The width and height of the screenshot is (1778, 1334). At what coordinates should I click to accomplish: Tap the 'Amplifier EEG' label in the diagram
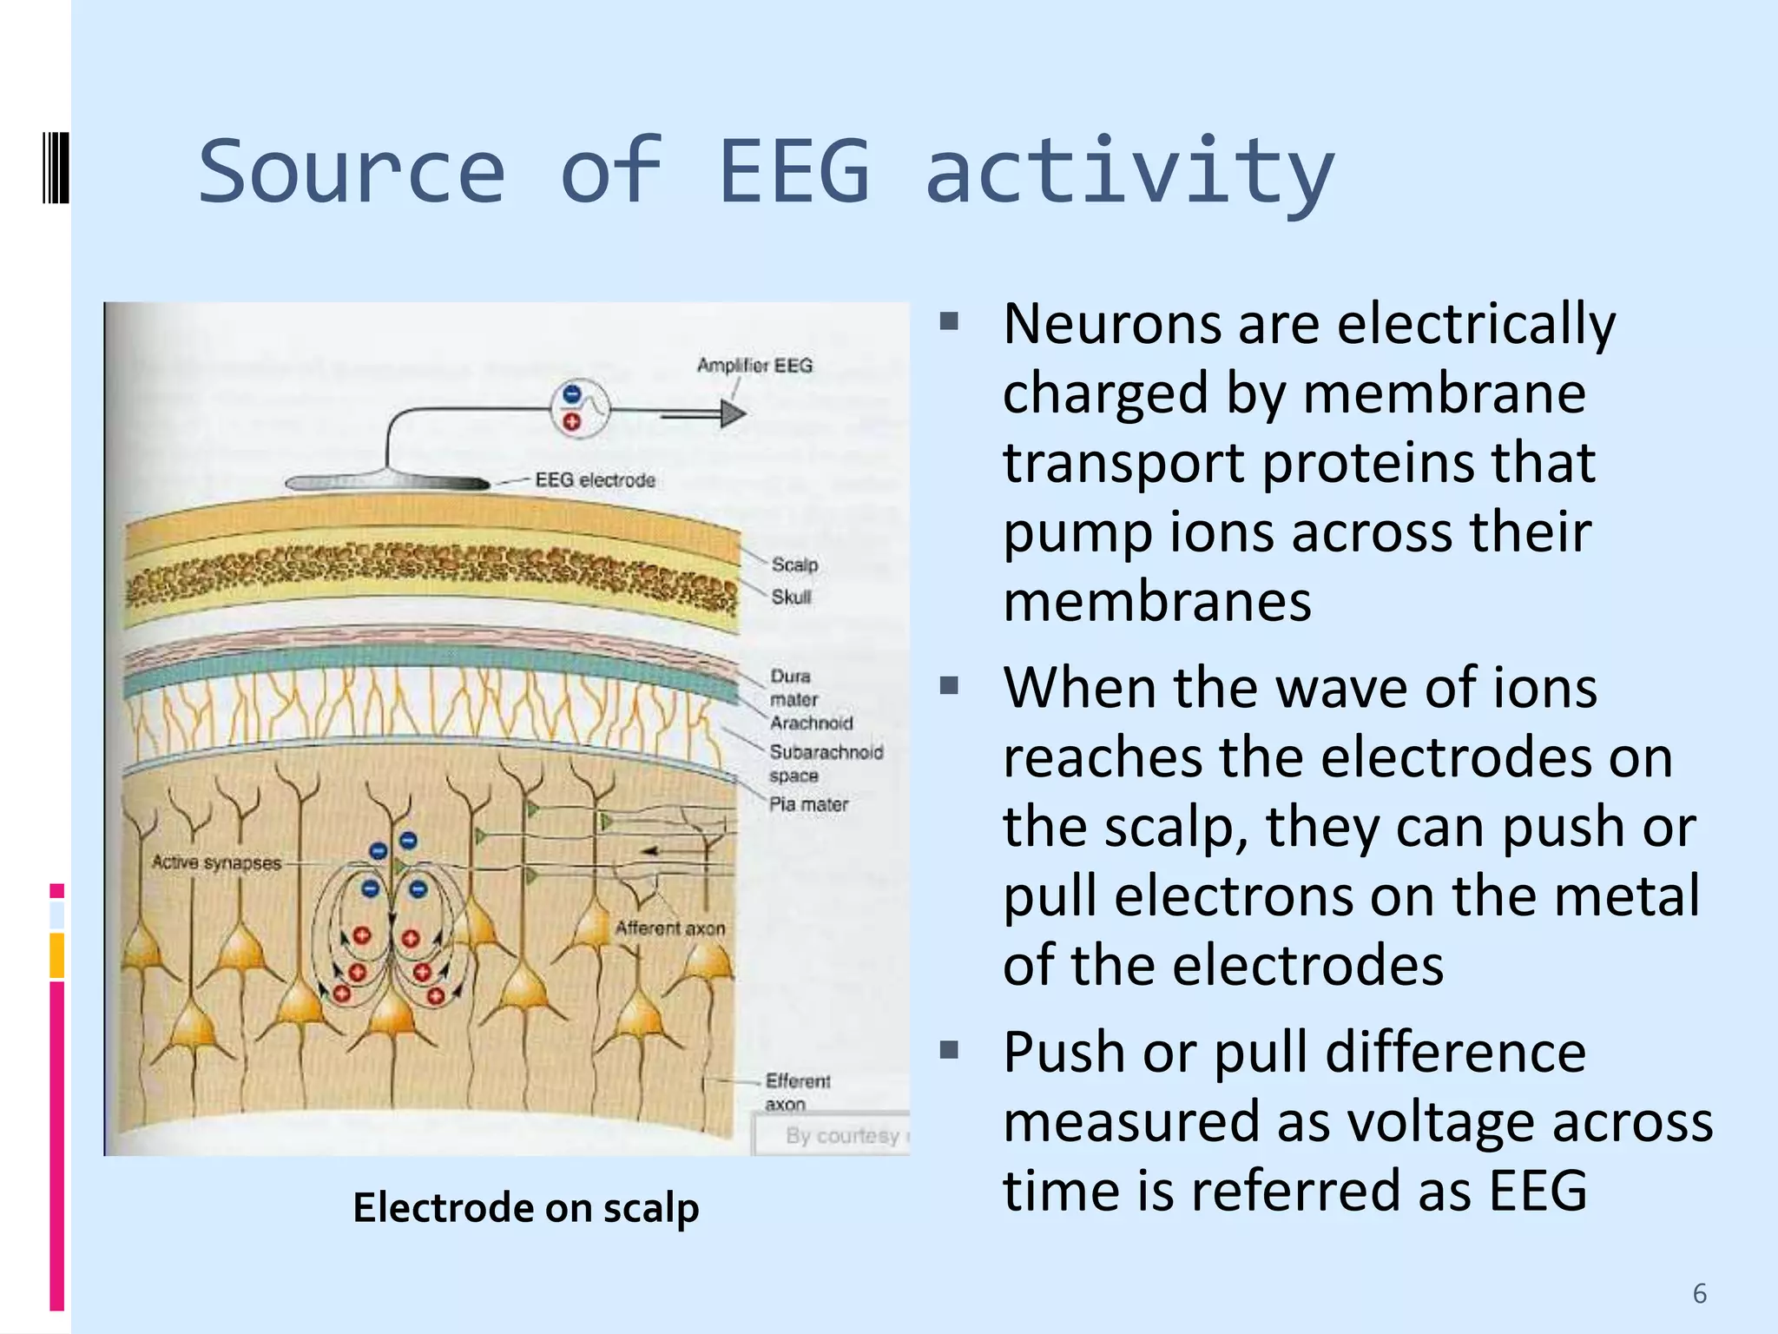(x=754, y=366)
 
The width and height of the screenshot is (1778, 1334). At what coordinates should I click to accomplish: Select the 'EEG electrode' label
(x=595, y=480)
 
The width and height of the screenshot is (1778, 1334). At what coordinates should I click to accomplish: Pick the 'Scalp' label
(x=794, y=565)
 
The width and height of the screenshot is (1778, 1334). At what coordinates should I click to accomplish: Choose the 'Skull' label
(x=791, y=598)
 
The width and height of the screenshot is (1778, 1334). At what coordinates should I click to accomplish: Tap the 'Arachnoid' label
(x=811, y=723)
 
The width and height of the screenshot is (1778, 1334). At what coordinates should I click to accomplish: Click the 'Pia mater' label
(x=808, y=805)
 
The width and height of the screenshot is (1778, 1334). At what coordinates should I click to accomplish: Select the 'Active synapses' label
(x=216, y=862)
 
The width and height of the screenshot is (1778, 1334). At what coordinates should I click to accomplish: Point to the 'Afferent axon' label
(x=669, y=928)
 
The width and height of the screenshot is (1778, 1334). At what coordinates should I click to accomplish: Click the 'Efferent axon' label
(x=796, y=1092)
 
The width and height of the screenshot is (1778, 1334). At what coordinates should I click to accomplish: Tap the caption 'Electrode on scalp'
(x=525, y=1208)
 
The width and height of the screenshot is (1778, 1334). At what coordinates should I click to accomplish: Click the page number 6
(x=1699, y=1294)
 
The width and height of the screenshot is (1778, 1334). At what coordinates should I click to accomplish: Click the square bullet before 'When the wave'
(x=948, y=687)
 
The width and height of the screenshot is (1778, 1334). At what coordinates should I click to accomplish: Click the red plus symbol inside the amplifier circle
(x=571, y=422)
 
